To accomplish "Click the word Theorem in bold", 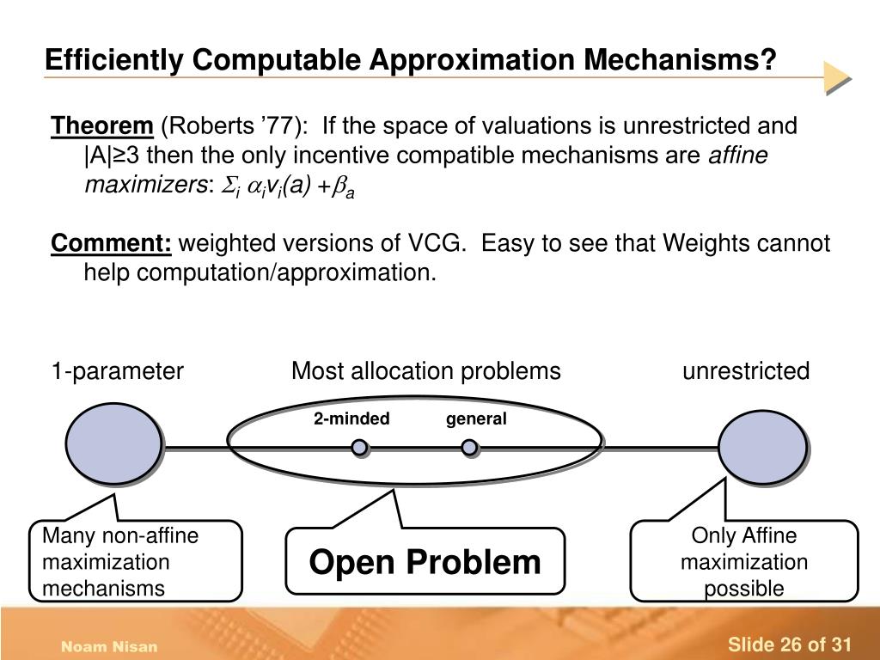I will [101, 126].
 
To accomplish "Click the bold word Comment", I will [112, 244].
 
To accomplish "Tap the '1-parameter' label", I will [117, 371].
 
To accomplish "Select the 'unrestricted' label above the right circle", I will [746, 371].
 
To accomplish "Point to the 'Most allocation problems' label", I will [426, 371].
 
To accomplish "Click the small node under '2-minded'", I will [359, 448].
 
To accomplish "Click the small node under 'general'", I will [469, 448].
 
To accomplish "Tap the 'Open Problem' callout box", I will [425, 562].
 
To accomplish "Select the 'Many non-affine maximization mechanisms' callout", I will [136, 562].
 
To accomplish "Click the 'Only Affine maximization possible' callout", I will [744, 562].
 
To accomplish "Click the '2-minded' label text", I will [351, 419].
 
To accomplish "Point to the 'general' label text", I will [476, 419].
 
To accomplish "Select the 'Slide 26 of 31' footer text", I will [789, 645].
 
